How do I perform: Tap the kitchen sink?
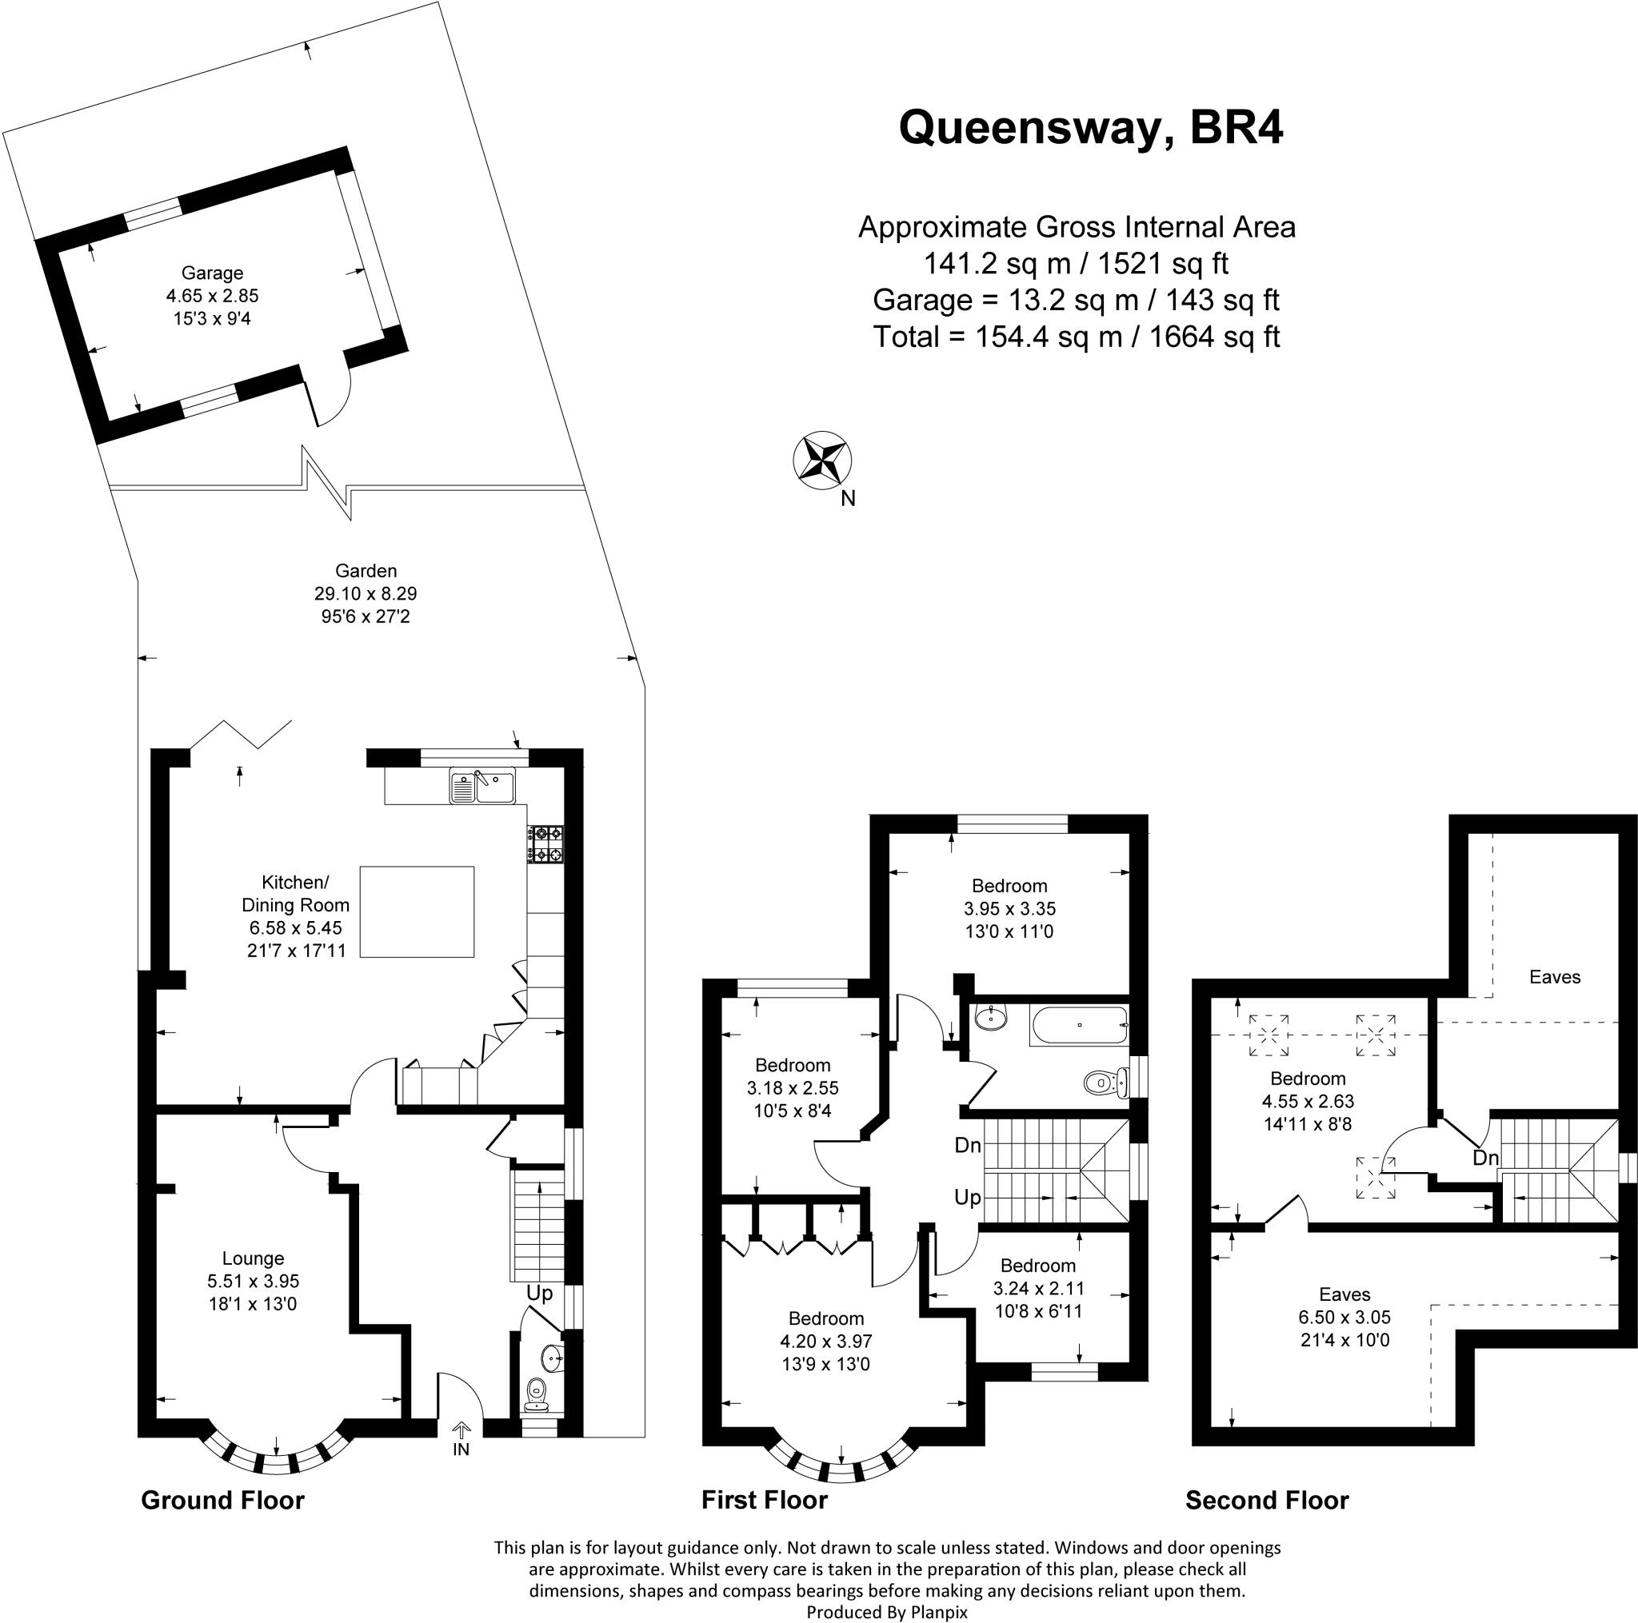pos(482,788)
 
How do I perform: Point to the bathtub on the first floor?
pos(1080,1025)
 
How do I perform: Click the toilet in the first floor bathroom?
pos(1105,1083)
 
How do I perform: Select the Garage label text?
pos(212,273)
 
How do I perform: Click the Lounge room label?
pos(253,1258)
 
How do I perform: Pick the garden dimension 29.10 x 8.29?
pos(366,593)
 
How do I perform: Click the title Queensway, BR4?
pos(1090,128)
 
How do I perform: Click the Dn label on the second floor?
pos(1485,1158)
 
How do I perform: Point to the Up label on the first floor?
pos(968,1197)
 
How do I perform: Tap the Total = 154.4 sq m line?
pos(1076,337)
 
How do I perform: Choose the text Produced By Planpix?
pos(887,1612)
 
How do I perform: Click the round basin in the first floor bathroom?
pos(989,1018)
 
